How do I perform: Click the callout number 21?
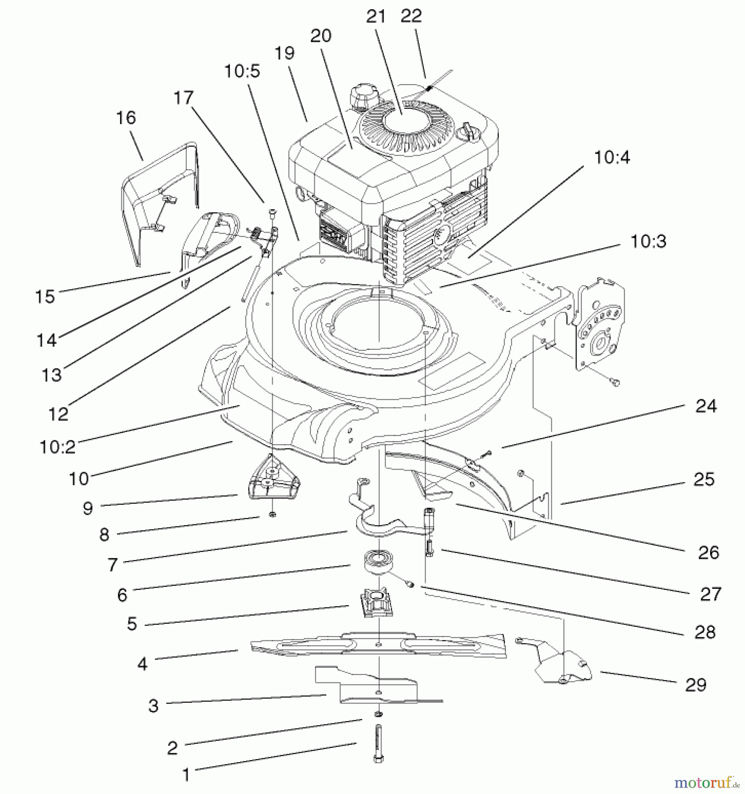376,17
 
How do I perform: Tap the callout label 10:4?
612,157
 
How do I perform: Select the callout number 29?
696,685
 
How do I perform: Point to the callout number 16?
126,118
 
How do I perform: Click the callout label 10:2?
58,447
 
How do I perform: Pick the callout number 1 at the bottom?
186,775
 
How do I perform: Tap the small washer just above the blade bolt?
378,714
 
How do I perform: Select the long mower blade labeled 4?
378,645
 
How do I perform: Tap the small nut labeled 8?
272,515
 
